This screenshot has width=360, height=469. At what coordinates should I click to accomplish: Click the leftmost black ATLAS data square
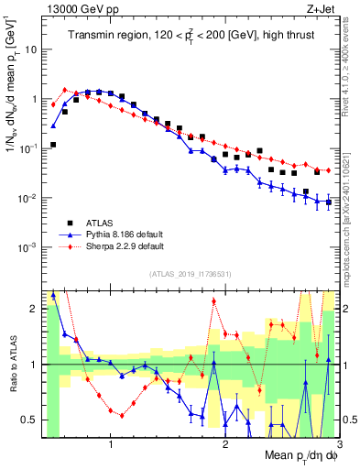pyautogui.click(x=53, y=145)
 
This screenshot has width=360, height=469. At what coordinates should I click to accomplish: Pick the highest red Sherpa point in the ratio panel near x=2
pyautogui.click(x=214, y=301)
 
